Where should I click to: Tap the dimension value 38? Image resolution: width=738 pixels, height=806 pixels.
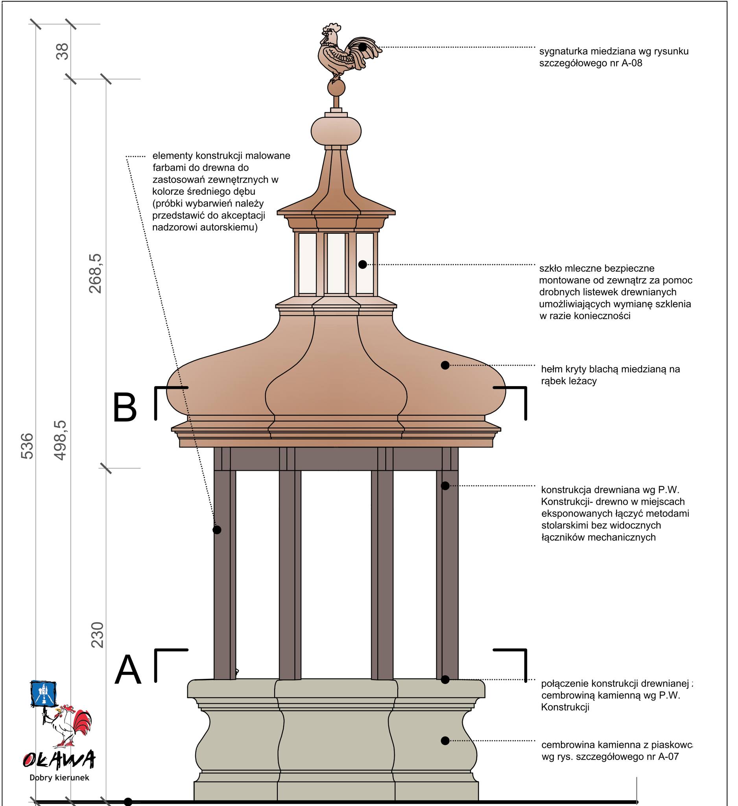tap(63, 51)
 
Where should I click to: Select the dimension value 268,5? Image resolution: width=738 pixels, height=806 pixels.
tap(96, 274)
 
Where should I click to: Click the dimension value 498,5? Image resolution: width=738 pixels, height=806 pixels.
tap(60, 440)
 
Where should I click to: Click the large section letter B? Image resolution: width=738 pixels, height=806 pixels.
tap(125, 407)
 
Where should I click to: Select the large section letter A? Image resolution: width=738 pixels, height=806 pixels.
tap(128, 670)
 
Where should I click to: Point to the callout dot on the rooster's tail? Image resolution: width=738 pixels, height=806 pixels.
tap(362, 47)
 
